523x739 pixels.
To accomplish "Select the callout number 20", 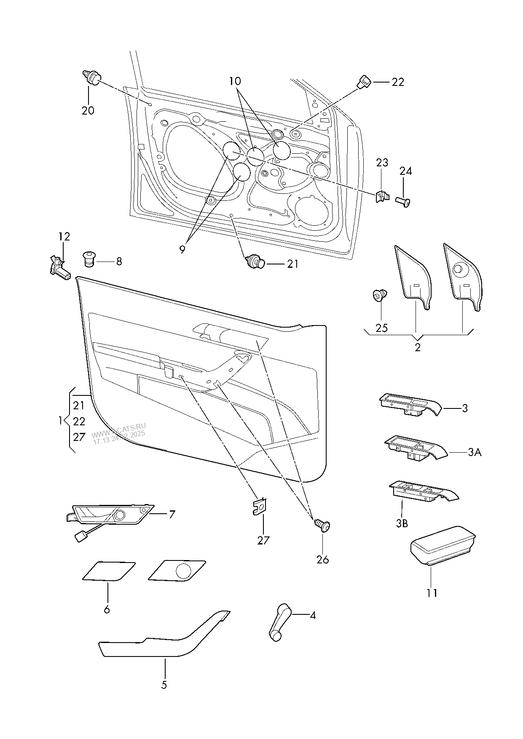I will (88, 111).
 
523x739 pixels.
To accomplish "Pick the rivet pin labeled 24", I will (403, 202).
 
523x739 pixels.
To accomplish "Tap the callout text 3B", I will (402, 523).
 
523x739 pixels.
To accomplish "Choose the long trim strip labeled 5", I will (164, 644).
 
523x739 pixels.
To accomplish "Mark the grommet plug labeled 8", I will (89, 259).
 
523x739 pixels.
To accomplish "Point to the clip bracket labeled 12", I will (58, 267).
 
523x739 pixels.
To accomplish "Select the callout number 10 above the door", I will (236, 80).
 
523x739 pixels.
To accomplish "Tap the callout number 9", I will (182, 249).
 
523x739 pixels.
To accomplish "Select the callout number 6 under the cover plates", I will (107, 609).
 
